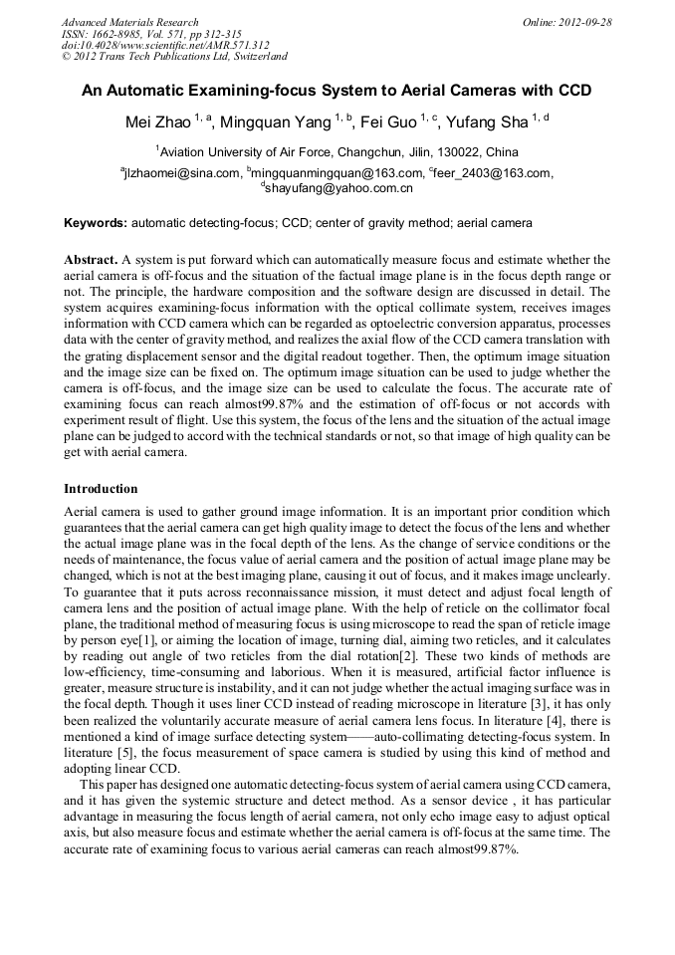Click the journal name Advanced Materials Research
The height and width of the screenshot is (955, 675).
tap(129, 22)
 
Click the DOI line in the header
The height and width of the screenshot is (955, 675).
tap(165, 45)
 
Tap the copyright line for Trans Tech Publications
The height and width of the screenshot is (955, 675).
tap(174, 57)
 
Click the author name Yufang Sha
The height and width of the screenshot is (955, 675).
tap(487, 122)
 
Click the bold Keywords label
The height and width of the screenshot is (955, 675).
tap(95, 223)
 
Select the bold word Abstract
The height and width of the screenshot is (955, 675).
tap(91, 259)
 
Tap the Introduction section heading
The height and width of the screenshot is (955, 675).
tap(101, 489)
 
